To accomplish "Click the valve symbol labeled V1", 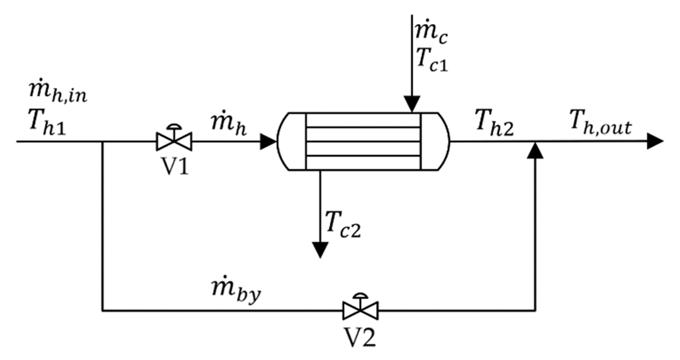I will [174, 141].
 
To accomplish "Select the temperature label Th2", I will [495, 125].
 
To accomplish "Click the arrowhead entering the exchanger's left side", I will [268, 142].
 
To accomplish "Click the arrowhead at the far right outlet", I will [655, 142].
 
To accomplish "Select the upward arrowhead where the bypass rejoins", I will [535, 151].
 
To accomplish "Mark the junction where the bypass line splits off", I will [103, 142].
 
